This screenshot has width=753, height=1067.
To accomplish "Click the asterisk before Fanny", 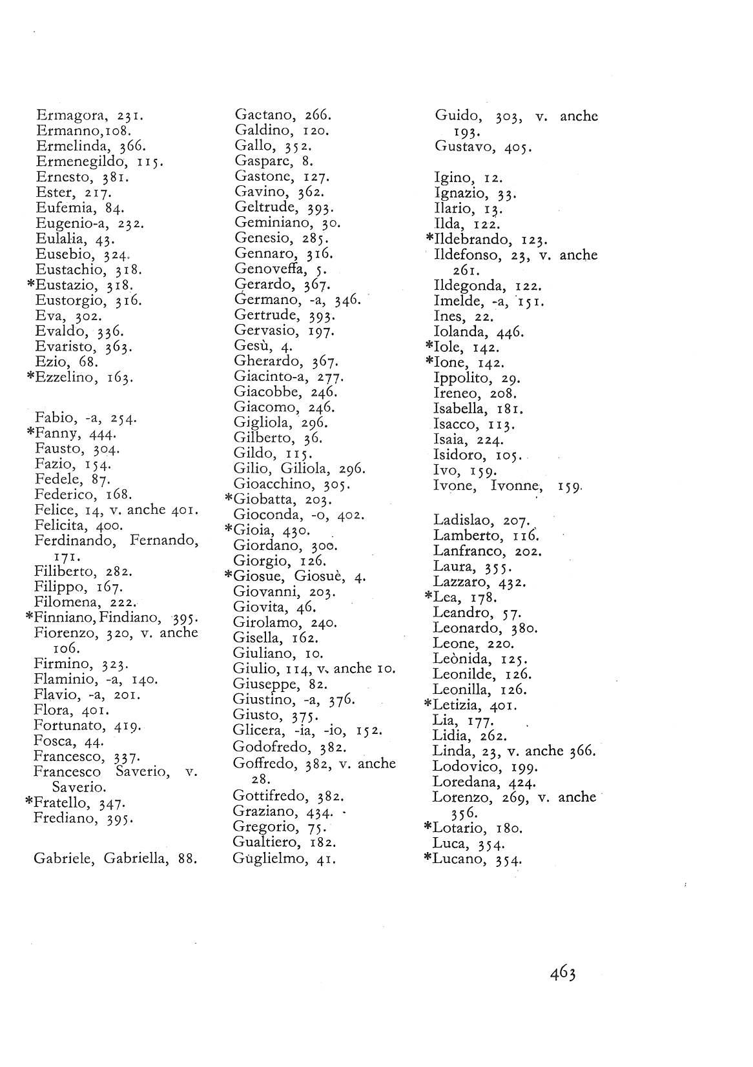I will coord(29,434).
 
